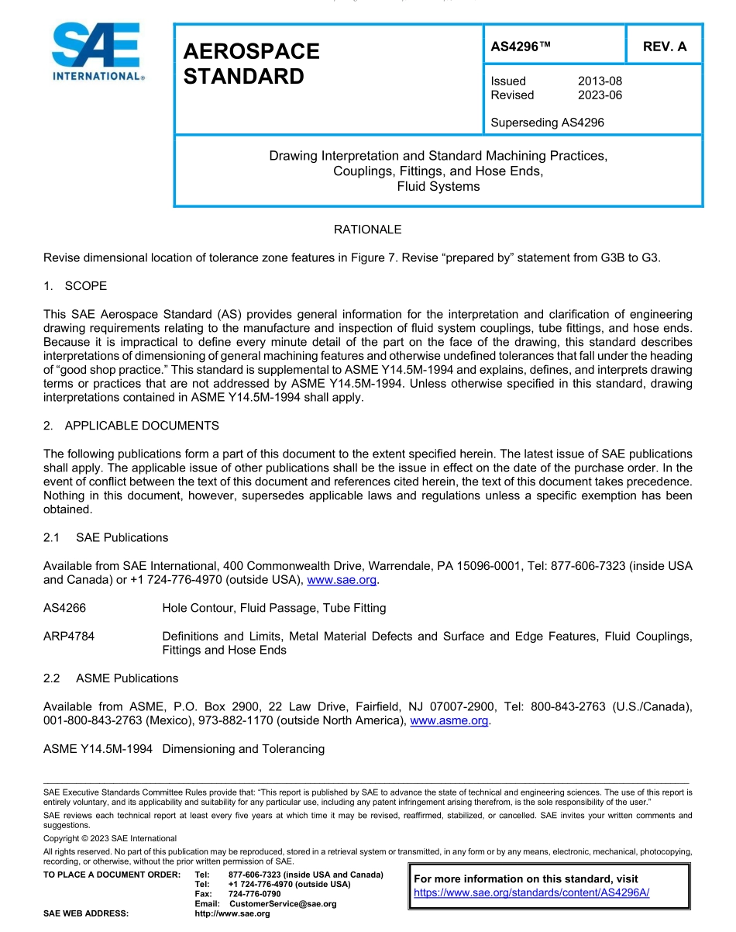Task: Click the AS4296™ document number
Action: [521, 47]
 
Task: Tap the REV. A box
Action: [664, 47]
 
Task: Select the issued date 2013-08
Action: [600, 81]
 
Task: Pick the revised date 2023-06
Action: [600, 95]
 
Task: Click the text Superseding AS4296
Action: [547, 122]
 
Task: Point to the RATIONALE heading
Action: [367, 230]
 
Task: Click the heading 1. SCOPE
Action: [76, 285]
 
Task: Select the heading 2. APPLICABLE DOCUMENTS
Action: [131, 426]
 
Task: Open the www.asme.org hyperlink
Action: [449, 721]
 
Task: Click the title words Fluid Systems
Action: [438, 186]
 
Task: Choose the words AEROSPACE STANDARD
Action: [251, 64]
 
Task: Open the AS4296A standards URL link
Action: [531, 892]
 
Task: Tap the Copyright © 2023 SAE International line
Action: [110, 838]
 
